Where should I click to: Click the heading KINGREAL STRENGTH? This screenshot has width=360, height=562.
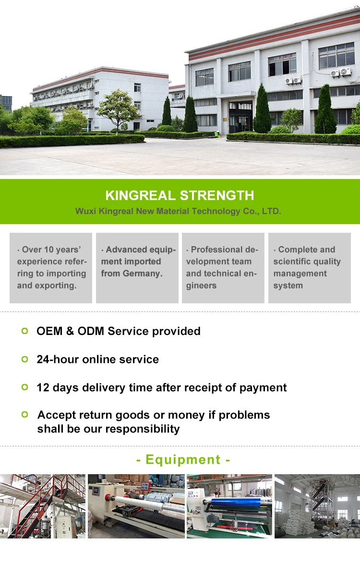(180, 195)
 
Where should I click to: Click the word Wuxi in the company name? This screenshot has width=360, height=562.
(85, 211)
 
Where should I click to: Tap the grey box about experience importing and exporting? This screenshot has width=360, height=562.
(51, 268)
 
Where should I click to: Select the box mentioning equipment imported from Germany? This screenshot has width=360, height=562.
(137, 268)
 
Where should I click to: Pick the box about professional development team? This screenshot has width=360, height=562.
(223, 268)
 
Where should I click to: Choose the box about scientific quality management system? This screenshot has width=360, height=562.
(310, 268)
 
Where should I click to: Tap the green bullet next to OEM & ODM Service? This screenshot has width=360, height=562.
(25, 331)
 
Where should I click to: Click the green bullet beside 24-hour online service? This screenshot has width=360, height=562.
(25, 359)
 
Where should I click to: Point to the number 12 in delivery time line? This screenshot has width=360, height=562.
(43, 388)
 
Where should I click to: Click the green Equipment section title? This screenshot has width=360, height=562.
(183, 460)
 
